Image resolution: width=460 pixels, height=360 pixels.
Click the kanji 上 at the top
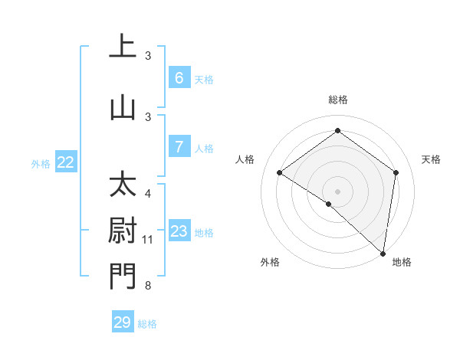point(123,46)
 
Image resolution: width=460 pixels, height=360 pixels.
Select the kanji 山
point(123,108)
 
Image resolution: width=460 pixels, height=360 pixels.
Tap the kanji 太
point(123,185)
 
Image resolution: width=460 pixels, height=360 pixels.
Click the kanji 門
point(123,277)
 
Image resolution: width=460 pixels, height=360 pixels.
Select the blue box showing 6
point(179,78)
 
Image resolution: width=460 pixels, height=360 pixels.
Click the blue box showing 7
point(179,147)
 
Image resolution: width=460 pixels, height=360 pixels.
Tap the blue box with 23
point(179,231)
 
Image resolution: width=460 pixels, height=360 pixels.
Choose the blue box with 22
point(66,162)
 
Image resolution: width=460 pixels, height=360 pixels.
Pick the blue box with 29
point(122,322)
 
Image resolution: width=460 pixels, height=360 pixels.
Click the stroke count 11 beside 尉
point(148,240)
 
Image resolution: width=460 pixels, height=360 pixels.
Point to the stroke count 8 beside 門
point(148,286)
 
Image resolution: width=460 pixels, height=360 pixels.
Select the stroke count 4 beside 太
point(148,194)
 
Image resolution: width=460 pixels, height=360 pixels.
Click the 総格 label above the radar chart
point(338,100)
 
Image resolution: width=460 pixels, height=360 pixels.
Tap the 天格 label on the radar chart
point(432,159)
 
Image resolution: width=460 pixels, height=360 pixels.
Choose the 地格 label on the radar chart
point(402,262)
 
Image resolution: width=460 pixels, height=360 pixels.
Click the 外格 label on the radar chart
point(270,262)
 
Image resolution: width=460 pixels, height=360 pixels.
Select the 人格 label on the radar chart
point(245,159)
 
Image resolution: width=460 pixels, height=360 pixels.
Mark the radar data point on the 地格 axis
point(383,253)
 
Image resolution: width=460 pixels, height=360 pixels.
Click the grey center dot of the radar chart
point(337,191)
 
